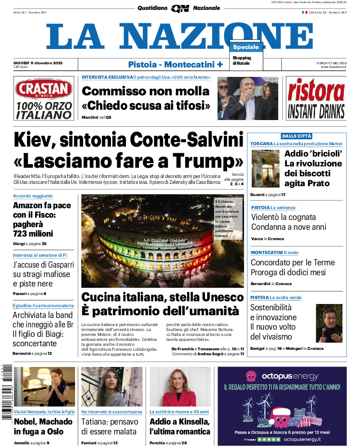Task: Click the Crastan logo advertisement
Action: click(43, 98)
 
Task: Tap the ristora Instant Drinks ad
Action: click(316, 98)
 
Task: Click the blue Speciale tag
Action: click(246, 47)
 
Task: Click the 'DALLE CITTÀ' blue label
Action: click(297, 136)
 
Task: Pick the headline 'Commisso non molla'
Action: click(146, 91)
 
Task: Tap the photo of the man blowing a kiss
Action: click(248, 98)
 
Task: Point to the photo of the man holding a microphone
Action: click(329, 323)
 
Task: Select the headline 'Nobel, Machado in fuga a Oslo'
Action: click(43, 426)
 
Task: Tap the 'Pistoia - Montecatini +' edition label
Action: click(175, 64)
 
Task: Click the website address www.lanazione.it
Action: click(333, 67)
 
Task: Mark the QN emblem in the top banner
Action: click(180, 8)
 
